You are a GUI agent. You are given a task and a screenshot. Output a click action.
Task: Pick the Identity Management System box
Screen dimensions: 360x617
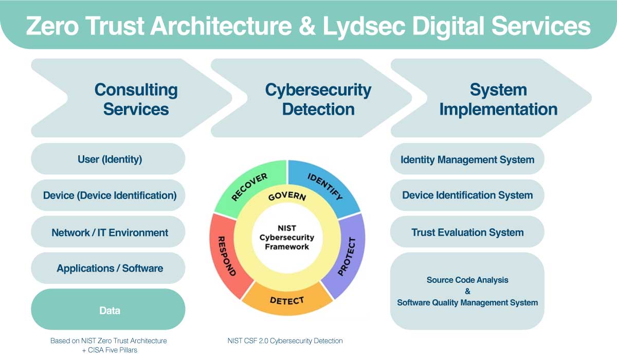point(467,159)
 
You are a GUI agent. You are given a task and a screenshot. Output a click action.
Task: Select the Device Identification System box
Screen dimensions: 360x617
point(467,195)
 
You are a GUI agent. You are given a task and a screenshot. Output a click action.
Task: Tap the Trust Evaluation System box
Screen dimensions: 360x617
point(467,232)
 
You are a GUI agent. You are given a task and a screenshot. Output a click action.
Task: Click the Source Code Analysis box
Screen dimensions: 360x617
point(467,291)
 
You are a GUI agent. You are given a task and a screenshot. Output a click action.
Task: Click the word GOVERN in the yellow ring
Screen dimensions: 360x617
point(287,196)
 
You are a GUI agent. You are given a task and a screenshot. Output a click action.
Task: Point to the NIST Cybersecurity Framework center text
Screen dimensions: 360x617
point(287,237)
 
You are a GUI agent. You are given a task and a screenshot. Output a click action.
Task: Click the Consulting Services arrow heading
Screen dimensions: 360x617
point(136,99)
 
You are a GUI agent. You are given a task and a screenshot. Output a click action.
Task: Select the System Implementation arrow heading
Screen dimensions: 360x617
point(498,99)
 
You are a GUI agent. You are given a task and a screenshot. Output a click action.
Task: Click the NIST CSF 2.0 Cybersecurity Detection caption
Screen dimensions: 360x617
point(285,340)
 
